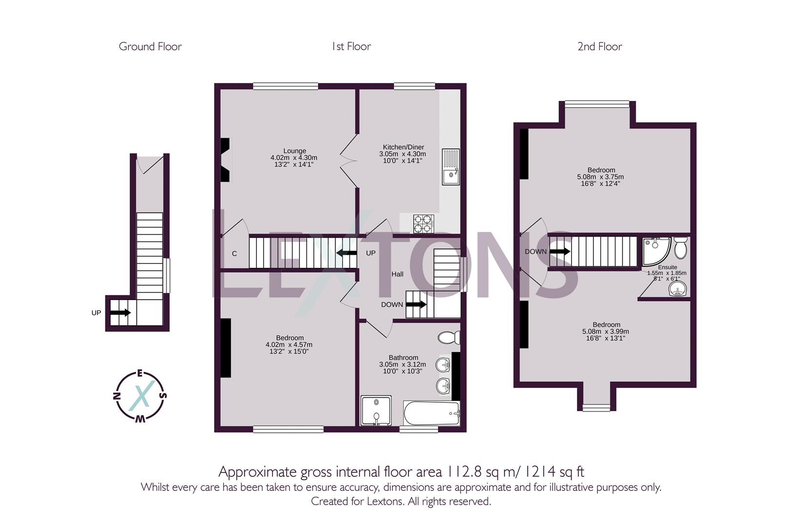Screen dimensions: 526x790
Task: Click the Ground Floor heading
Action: pos(150,47)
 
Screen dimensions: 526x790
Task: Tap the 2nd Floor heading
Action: pos(599,47)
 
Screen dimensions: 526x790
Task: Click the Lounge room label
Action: pos(295,151)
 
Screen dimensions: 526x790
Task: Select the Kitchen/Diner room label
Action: pos(403,147)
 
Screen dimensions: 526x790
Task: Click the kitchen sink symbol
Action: pos(451,167)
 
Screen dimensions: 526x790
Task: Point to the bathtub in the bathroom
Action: pos(432,413)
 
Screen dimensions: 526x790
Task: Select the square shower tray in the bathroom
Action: pos(376,411)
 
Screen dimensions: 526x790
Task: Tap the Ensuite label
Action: pos(667,267)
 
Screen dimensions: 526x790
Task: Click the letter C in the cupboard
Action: pos(235,254)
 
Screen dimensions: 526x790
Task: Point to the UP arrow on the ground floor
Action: pos(120,313)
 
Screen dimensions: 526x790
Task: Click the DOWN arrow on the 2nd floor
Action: pos(560,252)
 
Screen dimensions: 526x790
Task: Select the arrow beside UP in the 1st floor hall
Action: pos(347,252)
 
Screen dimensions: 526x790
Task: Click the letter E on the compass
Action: pos(140,374)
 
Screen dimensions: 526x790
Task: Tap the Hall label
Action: pos(397,274)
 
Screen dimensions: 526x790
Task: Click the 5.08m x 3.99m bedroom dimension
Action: pos(606,331)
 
